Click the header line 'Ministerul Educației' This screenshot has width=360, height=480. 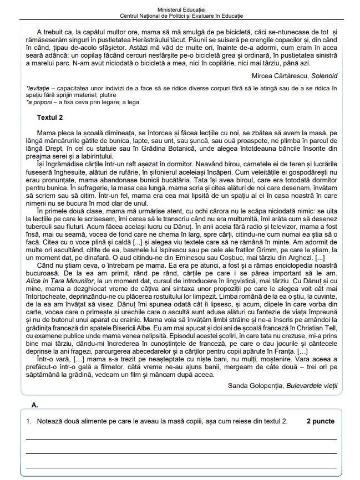click(x=180, y=10)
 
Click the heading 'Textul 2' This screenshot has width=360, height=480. click(x=50, y=118)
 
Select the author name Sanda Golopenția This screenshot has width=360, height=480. click(x=256, y=385)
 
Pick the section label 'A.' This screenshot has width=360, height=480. click(x=35, y=405)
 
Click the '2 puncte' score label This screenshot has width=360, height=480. click(x=320, y=421)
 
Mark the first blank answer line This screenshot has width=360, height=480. click(x=181, y=438)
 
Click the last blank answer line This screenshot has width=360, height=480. click(x=181, y=468)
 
